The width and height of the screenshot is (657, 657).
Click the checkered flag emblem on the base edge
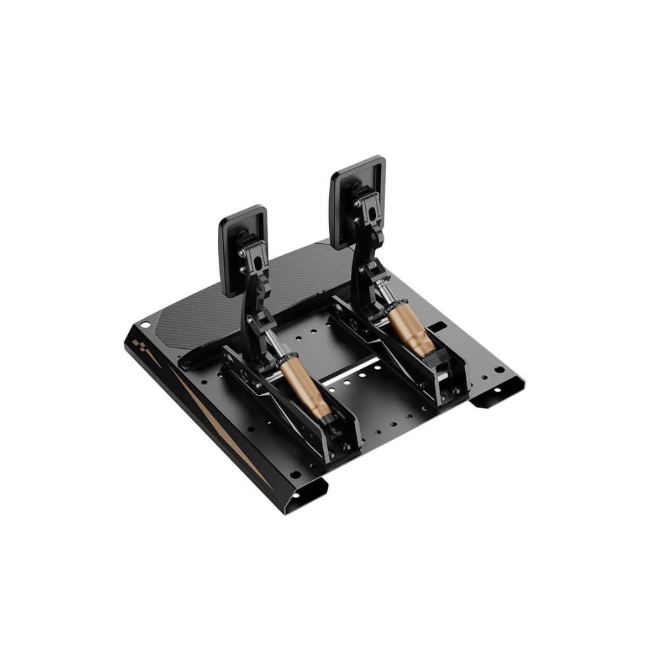click(x=141, y=346)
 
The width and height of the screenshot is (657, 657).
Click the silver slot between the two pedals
click(x=351, y=372)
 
